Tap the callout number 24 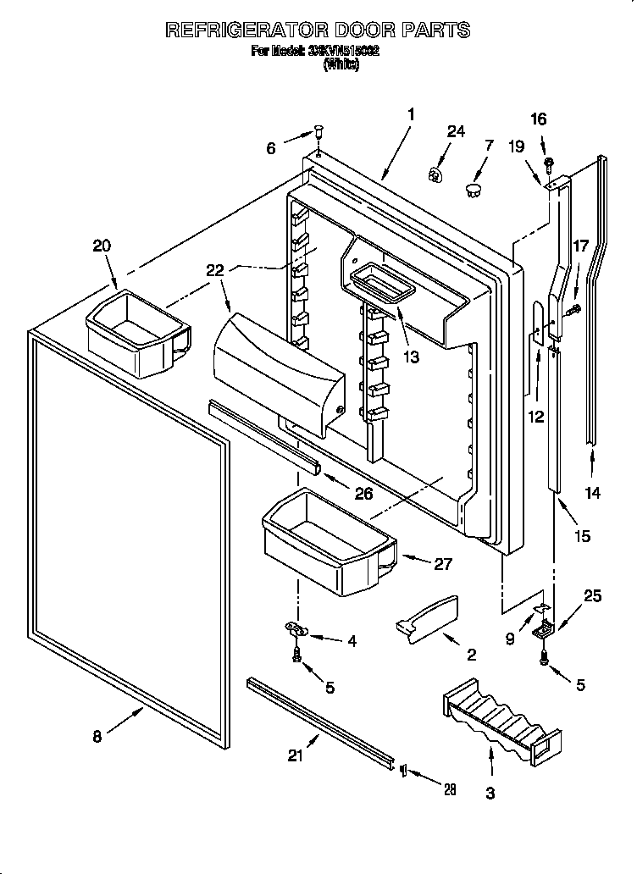[456, 131]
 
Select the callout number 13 [411, 357]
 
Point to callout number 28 [450, 789]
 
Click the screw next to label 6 [318, 132]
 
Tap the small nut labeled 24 [436, 174]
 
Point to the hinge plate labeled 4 [296, 628]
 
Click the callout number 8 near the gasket [97, 736]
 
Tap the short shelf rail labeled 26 [263, 435]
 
